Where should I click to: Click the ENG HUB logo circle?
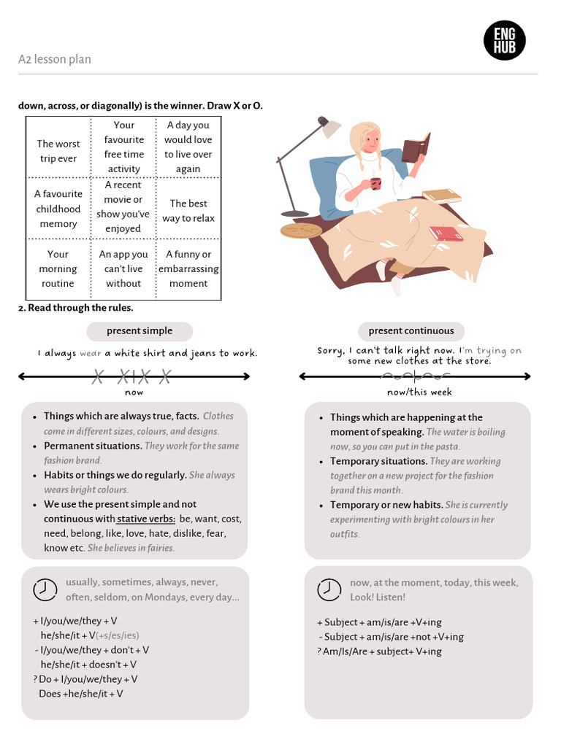pyautogui.click(x=505, y=40)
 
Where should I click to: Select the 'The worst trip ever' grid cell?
pyautogui.click(x=58, y=151)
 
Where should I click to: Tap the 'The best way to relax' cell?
pyautogui.click(x=188, y=211)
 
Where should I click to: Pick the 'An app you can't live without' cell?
pyautogui.click(x=123, y=268)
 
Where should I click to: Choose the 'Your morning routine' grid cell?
pyautogui.click(x=58, y=268)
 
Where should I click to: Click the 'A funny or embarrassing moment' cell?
pyautogui.click(x=188, y=268)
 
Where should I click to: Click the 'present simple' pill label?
pyautogui.click(x=140, y=331)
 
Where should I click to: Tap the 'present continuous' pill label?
pyautogui.click(x=411, y=331)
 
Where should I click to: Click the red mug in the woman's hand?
pyautogui.click(x=375, y=183)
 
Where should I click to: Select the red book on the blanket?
pyautogui.click(x=446, y=233)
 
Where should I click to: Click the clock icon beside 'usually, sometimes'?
pyautogui.click(x=45, y=589)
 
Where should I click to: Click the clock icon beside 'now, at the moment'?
pyautogui.click(x=329, y=589)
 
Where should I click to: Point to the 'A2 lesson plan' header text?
pyautogui.click(x=55, y=60)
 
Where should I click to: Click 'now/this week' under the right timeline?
pyautogui.click(x=419, y=392)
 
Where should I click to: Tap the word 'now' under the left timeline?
pyautogui.click(x=134, y=392)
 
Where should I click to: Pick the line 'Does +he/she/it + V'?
pyautogui.click(x=81, y=694)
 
